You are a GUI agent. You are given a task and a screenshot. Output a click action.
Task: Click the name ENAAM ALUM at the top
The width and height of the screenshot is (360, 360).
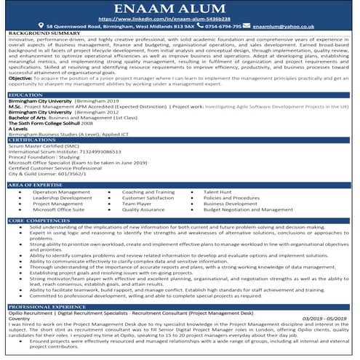click(x=179, y=8)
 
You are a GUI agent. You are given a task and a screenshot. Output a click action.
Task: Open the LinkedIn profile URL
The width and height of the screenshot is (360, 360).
click(x=179, y=18)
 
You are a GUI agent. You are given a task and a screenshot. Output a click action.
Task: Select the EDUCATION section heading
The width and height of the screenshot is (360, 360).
click(x=25, y=95)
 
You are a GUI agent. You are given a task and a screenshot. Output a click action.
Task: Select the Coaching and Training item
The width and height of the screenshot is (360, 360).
click(x=148, y=192)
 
